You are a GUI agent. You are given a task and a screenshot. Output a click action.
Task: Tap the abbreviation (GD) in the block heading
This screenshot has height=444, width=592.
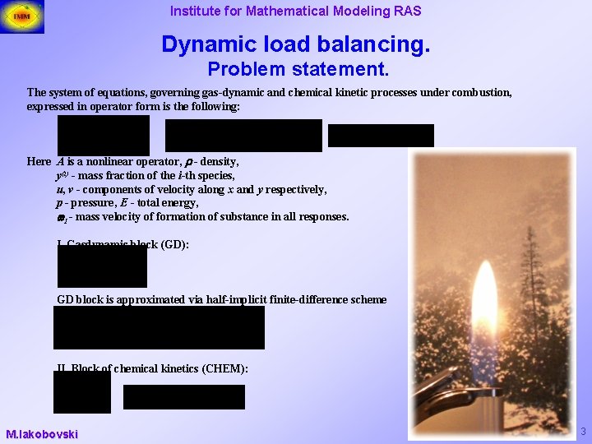[174, 244]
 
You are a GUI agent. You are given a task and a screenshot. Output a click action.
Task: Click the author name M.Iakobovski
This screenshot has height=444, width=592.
[42, 433]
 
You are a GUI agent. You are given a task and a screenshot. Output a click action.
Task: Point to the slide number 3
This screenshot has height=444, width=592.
[583, 432]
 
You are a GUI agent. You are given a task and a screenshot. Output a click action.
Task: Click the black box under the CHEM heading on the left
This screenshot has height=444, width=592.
[81, 391]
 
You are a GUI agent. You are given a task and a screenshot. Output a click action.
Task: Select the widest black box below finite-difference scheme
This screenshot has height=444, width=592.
[159, 328]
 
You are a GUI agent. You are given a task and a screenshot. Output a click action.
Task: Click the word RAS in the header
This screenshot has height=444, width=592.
[406, 11]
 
